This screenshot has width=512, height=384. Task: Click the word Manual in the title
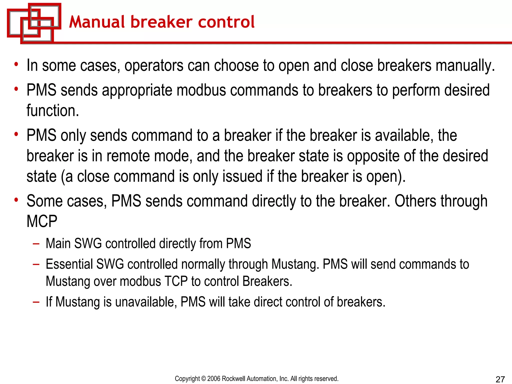pyautogui.click(x=96, y=22)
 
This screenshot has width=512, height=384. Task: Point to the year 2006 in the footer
pyautogui.click(x=214, y=378)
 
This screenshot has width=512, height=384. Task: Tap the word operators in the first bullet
pyautogui.click(x=154, y=66)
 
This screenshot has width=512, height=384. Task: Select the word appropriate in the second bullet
pyautogui.click(x=137, y=90)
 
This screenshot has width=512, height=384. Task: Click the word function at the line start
pyautogui.click(x=52, y=111)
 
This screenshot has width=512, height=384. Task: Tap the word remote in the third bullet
pyautogui.click(x=128, y=156)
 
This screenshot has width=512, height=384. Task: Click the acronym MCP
pyautogui.click(x=42, y=221)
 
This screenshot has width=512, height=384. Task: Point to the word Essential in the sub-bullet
pyautogui.click(x=69, y=264)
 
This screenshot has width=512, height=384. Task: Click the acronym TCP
pyautogui.click(x=176, y=281)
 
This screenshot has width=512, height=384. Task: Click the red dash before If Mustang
pyautogui.click(x=36, y=302)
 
